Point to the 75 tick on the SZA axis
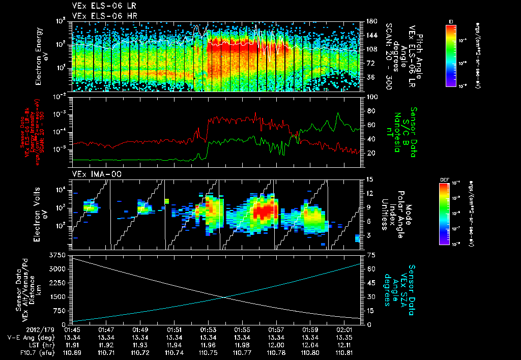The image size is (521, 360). click(365, 254)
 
